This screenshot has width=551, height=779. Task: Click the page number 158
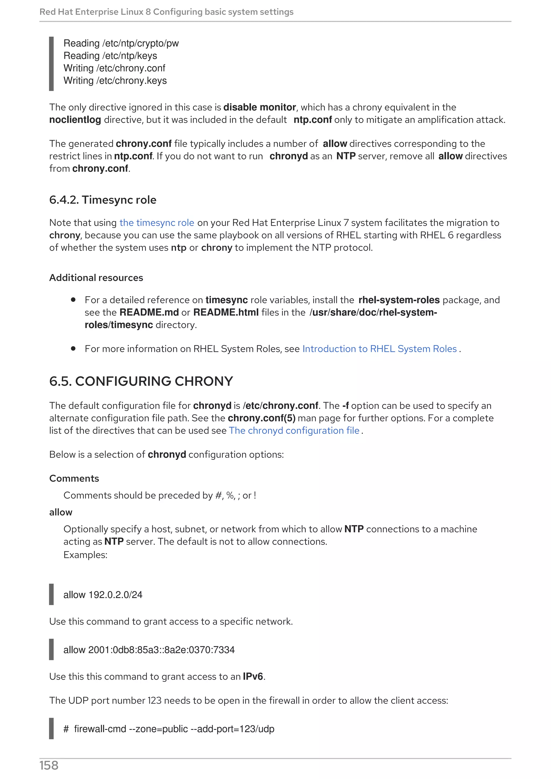pyautogui.click(x=49, y=766)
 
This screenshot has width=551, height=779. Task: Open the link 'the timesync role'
pyautogui.click(x=157, y=223)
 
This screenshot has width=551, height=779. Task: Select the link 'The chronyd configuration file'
pyautogui.click(x=294, y=431)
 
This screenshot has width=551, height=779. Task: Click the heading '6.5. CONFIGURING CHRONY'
pyautogui.click(x=141, y=381)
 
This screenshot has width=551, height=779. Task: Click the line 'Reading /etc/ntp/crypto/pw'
pyautogui.click(x=121, y=44)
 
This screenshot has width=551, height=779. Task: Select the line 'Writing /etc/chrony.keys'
pyautogui.click(x=115, y=81)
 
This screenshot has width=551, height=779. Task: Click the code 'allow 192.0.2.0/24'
pyautogui.click(x=103, y=595)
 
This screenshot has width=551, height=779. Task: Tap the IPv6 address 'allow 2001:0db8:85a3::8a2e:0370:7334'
pyautogui.click(x=149, y=650)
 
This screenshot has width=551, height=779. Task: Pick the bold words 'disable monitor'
pyautogui.click(x=259, y=107)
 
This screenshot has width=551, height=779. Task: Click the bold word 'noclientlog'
pyautogui.click(x=75, y=120)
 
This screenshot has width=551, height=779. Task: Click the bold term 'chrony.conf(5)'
pyautogui.click(x=262, y=418)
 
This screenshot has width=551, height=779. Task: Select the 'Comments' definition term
pyautogui.click(x=74, y=478)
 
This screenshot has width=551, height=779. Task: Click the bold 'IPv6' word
pyautogui.click(x=253, y=677)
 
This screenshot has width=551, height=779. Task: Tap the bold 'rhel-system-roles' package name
pyautogui.click(x=399, y=300)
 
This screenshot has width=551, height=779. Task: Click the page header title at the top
pyautogui.click(x=166, y=12)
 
